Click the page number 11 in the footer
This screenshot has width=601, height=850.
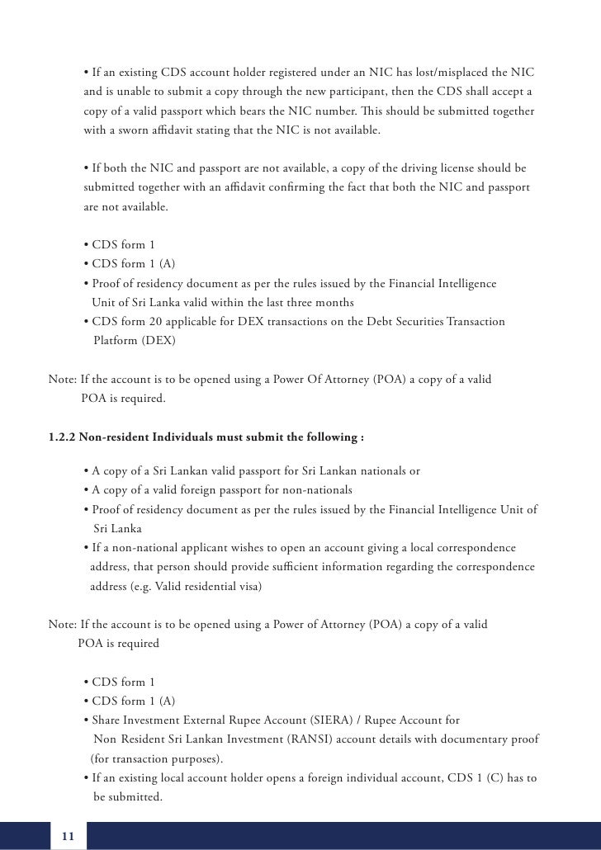pos(68,838)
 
